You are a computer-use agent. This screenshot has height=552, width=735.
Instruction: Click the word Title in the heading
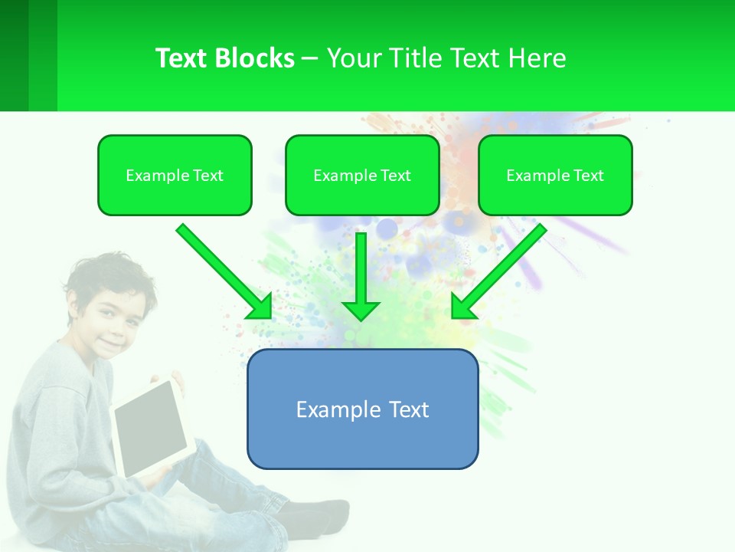pos(413,58)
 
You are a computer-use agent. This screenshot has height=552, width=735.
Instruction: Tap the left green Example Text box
pos(175,176)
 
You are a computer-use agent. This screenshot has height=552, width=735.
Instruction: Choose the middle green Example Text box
pos(362,176)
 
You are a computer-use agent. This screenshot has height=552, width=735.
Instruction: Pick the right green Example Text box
pos(555,176)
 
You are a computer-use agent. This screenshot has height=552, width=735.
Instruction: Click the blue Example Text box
pos(362,409)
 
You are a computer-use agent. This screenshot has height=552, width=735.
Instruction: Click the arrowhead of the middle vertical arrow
pos(361,310)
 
